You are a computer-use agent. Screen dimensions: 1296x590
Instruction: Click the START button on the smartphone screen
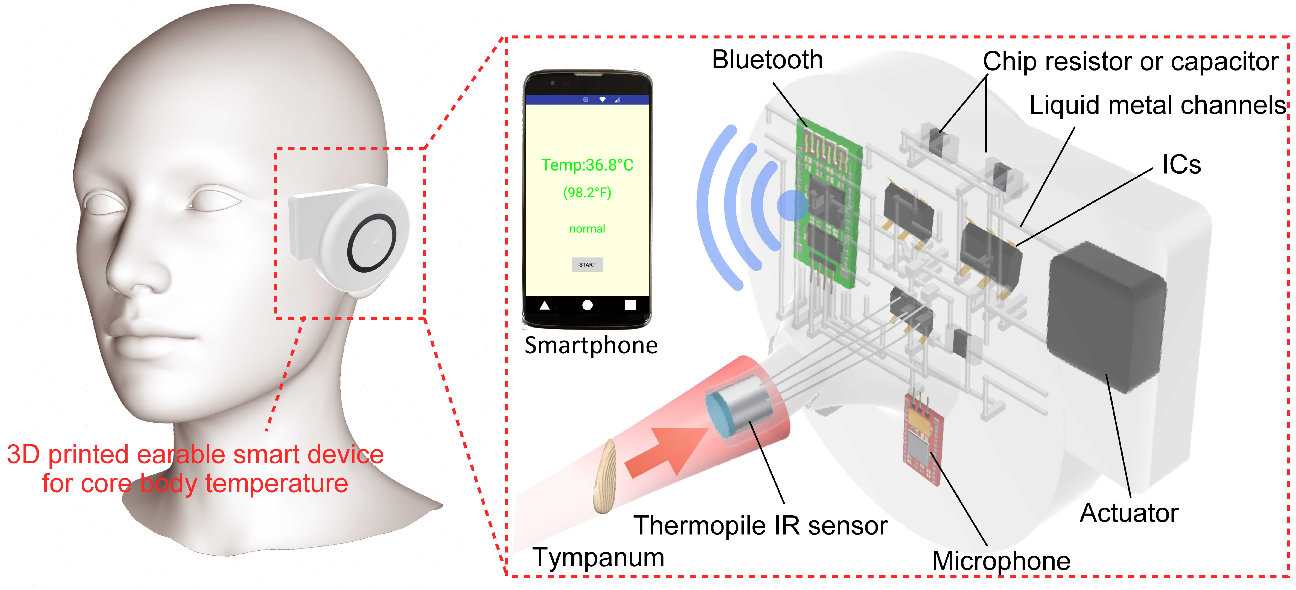pyautogui.click(x=587, y=265)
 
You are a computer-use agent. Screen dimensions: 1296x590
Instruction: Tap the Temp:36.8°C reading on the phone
pyautogui.click(x=587, y=165)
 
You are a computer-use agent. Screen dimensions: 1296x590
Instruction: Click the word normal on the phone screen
pyautogui.click(x=587, y=229)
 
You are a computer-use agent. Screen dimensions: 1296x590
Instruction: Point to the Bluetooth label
pyautogui.click(x=767, y=60)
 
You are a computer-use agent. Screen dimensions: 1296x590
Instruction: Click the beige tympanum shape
pyautogui.click(x=605, y=477)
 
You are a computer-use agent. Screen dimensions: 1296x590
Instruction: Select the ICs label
pyautogui.click(x=1181, y=164)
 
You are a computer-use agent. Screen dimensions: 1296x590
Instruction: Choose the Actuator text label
pyautogui.click(x=1129, y=513)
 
